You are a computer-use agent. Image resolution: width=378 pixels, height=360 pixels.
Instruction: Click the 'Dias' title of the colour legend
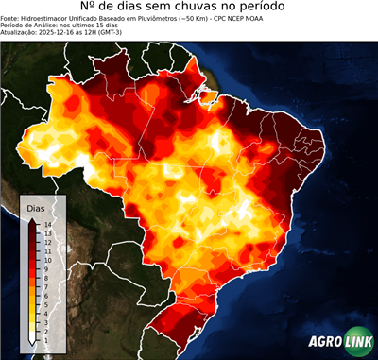coord(35,208)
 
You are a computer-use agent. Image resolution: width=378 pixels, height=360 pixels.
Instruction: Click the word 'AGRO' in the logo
coord(324,341)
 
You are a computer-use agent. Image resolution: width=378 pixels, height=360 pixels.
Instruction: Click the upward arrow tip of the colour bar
coord(32,219)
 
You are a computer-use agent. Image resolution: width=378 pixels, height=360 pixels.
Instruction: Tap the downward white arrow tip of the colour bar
coord(32,343)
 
